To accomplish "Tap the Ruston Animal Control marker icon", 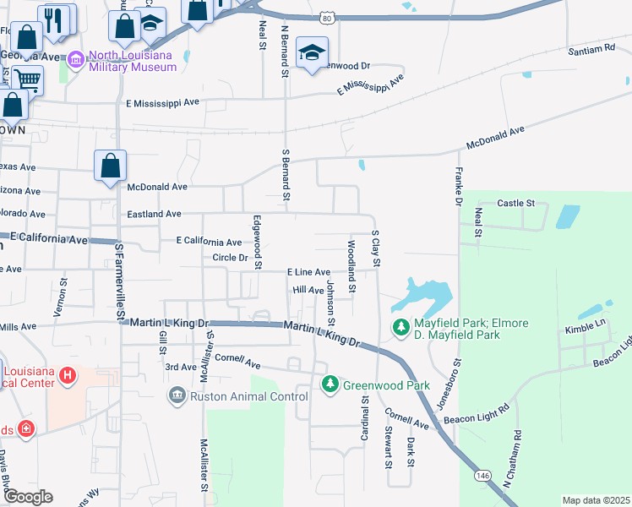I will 177,395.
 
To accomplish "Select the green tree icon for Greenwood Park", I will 330,385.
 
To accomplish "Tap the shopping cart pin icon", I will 27,81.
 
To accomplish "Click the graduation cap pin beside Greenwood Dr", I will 312,52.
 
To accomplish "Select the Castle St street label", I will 516,203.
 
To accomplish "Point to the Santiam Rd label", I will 591,49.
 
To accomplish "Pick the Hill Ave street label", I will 308,290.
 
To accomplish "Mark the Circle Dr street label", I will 229,257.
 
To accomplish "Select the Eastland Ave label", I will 154,215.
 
